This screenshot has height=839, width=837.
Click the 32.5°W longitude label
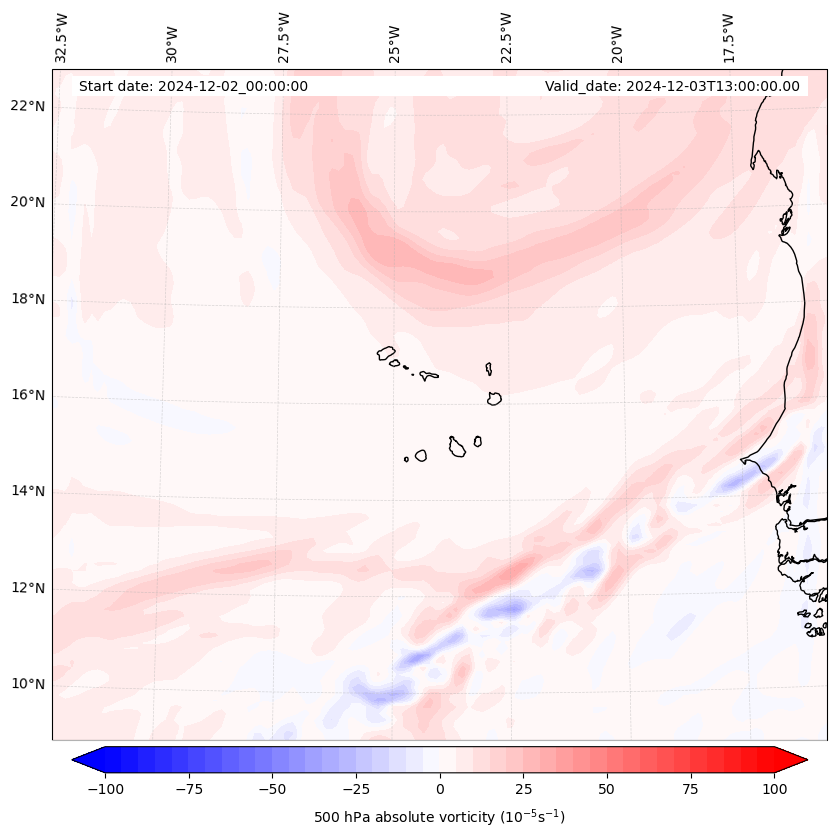(62, 38)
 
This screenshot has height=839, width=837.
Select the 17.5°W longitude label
(728, 38)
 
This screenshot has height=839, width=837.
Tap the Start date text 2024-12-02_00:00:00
(193, 86)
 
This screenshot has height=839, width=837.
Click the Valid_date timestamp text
(672, 86)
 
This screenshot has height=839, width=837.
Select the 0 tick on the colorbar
(439, 789)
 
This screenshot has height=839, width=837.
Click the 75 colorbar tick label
(691, 789)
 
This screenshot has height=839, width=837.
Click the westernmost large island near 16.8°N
(386, 353)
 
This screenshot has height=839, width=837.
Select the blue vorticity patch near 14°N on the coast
(736, 482)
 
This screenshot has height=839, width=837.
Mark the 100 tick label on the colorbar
(775, 789)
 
